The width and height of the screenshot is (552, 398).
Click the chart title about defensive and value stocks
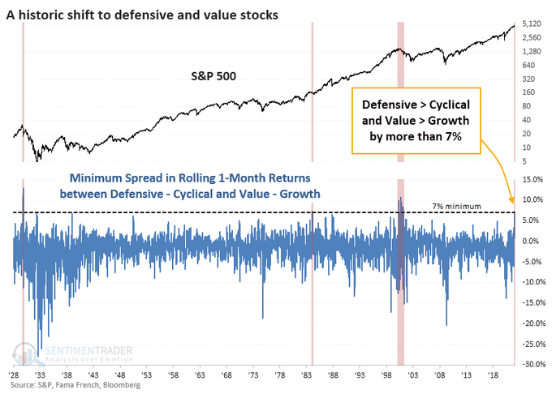142,15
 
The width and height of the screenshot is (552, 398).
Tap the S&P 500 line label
213,76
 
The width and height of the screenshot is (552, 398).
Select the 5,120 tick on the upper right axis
531,24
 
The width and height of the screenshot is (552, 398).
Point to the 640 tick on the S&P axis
528,65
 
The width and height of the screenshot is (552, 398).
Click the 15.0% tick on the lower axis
533,180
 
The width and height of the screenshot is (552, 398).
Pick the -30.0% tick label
533,364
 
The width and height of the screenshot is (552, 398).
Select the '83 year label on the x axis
306,375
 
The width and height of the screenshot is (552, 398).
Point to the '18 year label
493,375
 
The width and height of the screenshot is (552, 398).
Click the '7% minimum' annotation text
456,207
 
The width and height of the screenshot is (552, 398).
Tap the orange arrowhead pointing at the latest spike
511,200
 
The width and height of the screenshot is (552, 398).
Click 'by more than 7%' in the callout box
416,136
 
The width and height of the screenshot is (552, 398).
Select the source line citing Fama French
75,385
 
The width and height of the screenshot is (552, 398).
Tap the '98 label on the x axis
386,375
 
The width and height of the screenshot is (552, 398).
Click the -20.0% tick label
533,323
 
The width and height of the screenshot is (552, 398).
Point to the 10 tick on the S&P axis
526,148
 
